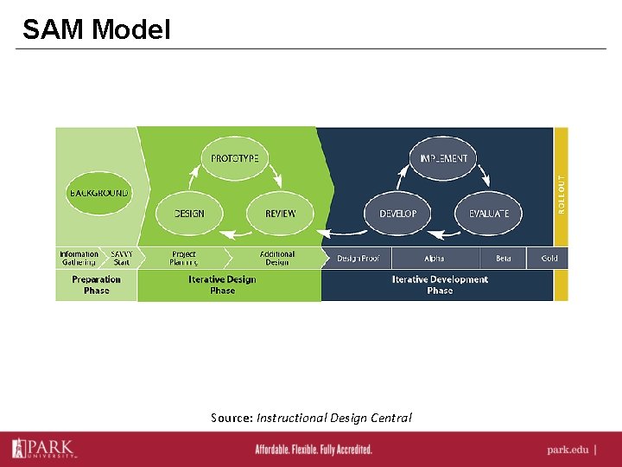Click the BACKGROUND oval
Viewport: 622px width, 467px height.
pyautogui.click(x=98, y=193)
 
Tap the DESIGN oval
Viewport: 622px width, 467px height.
pyautogui.click(x=189, y=213)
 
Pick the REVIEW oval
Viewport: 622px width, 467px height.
pyautogui.click(x=280, y=213)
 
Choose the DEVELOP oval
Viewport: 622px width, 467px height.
pyautogui.click(x=398, y=213)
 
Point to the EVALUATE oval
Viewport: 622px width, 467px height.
pyautogui.click(x=489, y=213)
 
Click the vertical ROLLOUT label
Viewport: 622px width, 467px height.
pyautogui.click(x=562, y=195)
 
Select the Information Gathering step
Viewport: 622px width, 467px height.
pyautogui.click(x=79, y=258)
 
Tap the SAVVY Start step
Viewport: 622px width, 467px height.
pyautogui.click(x=121, y=258)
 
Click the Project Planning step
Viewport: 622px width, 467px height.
pyautogui.click(x=183, y=258)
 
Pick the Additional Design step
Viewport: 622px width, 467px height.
pyautogui.click(x=277, y=258)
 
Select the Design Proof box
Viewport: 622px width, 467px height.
pyautogui.click(x=358, y=258)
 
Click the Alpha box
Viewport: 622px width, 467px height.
pyautogui.click(x=434, y=258)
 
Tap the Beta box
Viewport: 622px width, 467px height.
pyautogui.click(x=504, y=258)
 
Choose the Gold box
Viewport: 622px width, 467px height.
pyautogui.click(x=549, y=258)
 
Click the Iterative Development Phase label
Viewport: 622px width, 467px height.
pyautogui.click(x=440, y=285)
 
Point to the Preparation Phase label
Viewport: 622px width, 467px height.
pyautogui.click(x=97, y=285)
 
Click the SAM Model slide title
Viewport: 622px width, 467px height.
pyautogui.click(x=97, y=29)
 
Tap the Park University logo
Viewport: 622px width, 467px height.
pyautogui.click(x=43, y=448)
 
